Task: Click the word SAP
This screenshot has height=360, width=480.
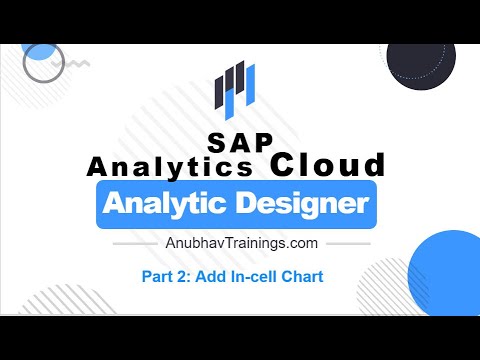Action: point(240,144)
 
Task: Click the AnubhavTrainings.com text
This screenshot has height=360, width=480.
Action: point(240,243)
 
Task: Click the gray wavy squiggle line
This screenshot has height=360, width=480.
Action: point(75,62)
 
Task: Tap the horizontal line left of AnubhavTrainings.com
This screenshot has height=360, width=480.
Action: point(136,243)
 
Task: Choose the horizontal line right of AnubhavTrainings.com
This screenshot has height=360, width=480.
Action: point(345,243)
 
